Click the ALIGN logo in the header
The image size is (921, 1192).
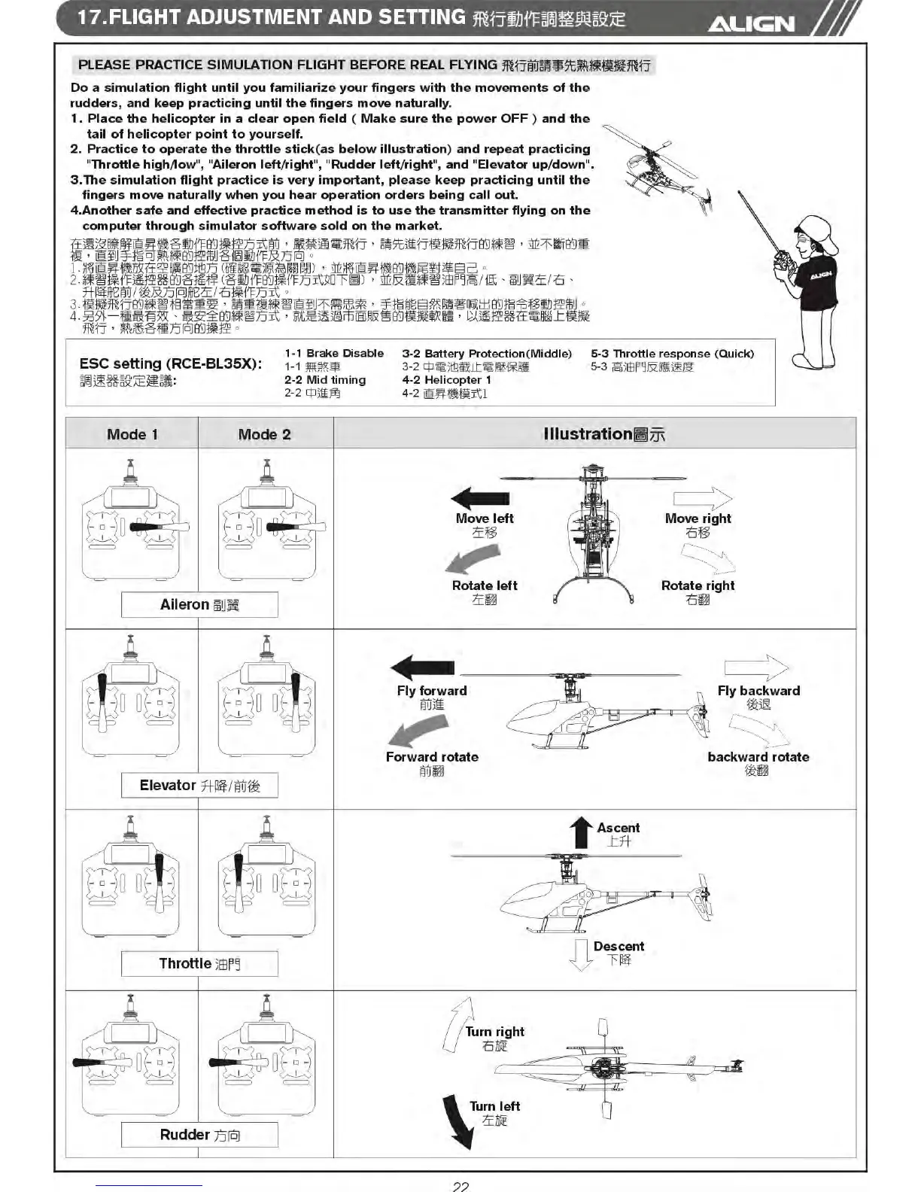coord(751,24)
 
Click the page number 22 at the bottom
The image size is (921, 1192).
coord(460,1186)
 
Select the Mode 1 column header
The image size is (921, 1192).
coord(132,434)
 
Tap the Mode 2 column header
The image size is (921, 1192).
coord(264,434)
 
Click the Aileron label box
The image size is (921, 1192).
coord(199,604)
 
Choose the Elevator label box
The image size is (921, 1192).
coord(199,786)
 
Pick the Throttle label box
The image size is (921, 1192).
coord(199,964)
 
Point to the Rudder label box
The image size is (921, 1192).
coord(199,1135)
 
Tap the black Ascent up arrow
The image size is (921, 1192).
coord(581,832)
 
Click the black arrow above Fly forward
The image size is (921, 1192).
coord(423,667)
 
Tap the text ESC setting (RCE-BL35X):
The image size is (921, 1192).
coord(171,363)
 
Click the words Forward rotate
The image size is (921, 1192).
coord(432,757)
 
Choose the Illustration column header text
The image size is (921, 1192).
coord(604,434)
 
